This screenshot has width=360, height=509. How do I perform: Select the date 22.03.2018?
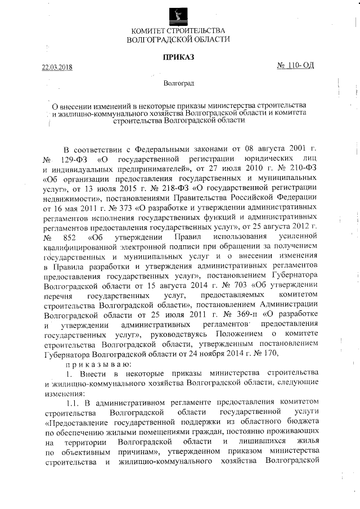coord(57,68)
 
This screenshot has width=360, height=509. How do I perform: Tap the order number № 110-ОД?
coord(295,65)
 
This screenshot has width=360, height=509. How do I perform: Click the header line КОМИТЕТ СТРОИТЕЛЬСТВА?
coord(178,30)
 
